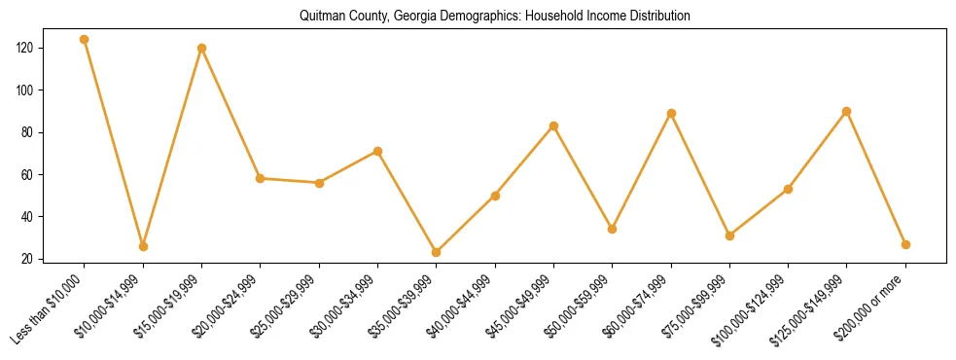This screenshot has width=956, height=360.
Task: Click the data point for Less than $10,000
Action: (x=85, y=40)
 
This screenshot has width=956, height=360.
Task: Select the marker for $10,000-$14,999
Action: (x=143, y=246)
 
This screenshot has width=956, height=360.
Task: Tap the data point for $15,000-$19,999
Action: (x=201, y=48)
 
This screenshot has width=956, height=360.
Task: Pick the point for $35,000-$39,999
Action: (x=436, y=252)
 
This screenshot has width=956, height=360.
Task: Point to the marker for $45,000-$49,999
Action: (x=553, y=126)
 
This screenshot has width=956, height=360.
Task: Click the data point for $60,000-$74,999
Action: (x=671, y=113)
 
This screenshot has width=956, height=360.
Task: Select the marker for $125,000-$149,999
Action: (x=846, y=111)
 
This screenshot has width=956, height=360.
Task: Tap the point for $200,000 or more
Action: (x=905, y=244)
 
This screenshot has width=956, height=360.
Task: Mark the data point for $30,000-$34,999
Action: (x=377, y=151)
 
